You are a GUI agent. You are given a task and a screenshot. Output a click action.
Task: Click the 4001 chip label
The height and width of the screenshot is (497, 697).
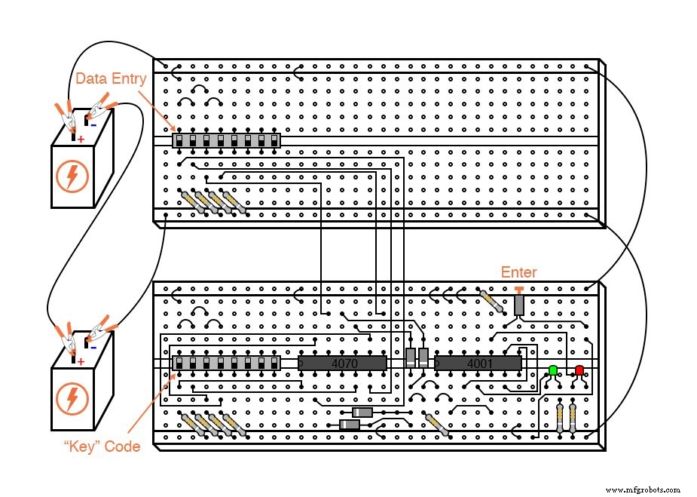pos(478,364)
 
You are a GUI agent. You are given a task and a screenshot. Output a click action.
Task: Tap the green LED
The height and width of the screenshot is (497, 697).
pos(553,370)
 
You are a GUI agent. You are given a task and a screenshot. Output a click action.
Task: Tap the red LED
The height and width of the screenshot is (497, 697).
pos(579,370)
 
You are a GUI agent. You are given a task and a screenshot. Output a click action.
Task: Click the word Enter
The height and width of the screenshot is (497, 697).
pos(519,272)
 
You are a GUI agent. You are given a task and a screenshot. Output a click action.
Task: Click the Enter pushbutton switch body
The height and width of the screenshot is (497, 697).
pos(519,304)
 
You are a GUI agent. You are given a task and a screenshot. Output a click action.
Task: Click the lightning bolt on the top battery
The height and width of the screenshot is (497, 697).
pos(72,176)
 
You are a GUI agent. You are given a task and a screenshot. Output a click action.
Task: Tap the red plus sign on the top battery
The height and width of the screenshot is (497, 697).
pos(81,140)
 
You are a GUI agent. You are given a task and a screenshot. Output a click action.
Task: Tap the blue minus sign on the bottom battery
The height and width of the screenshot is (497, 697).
pos(93,347)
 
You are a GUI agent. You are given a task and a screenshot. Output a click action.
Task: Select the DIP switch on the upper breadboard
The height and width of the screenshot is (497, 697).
pos(227,141)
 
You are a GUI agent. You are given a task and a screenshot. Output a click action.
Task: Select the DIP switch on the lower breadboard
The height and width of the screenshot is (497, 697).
pos(227,364)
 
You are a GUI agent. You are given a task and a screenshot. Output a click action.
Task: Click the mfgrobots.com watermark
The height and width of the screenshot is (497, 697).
pos(643,489)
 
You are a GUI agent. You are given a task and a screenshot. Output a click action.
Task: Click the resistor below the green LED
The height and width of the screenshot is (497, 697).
pos(560,416)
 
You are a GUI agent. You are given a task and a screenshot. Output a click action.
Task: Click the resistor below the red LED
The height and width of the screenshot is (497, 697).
pos(573,416)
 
